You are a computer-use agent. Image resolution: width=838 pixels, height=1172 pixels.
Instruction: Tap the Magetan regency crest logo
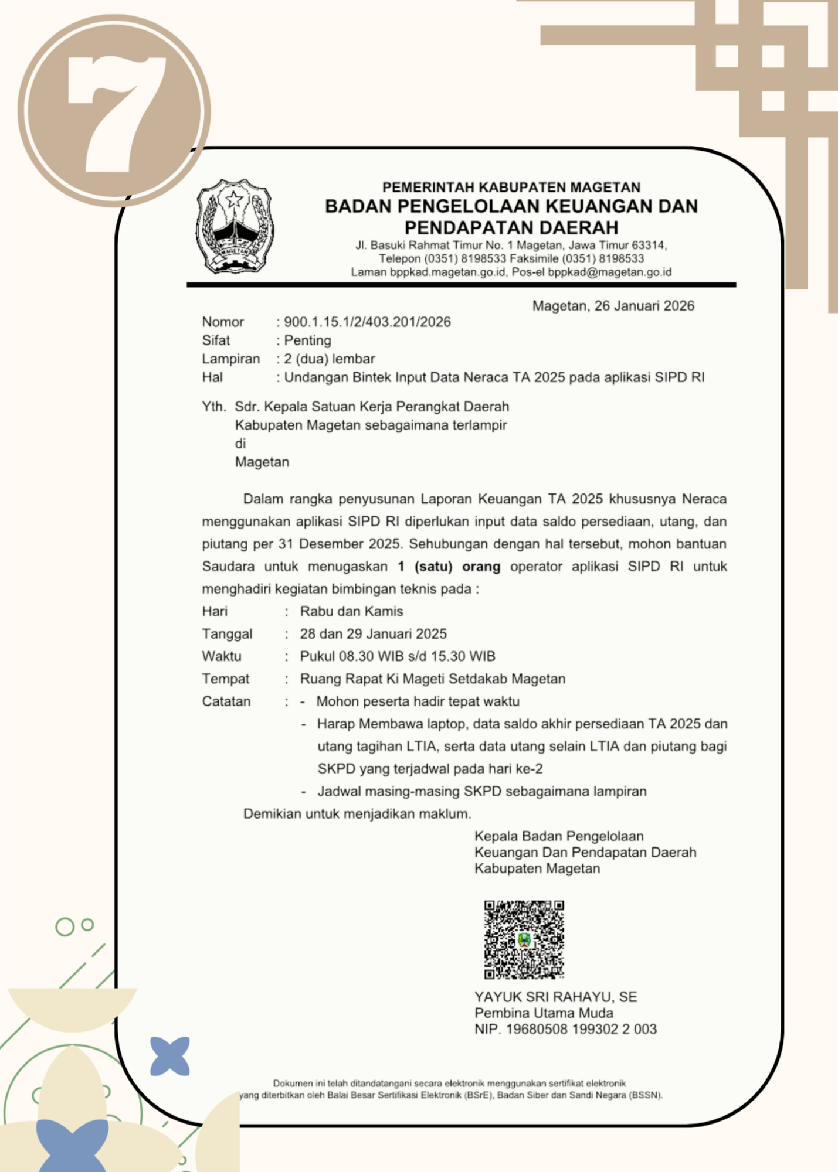click(235, 227)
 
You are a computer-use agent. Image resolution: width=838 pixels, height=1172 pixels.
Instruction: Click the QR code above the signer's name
click(524, 939)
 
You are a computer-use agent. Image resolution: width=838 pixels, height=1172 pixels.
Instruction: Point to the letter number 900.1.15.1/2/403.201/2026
click(368, 322)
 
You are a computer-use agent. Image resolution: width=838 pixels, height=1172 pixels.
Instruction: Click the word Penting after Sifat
click(308, 340)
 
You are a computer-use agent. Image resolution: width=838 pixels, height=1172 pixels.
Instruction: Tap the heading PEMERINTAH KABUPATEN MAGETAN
click(511, 187)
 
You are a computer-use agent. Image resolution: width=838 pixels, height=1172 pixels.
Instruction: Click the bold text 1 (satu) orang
click(449, 567)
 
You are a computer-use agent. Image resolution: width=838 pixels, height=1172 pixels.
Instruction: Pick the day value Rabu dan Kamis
click(352, 611)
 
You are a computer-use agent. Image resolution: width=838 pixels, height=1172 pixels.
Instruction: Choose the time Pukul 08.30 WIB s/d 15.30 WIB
click(398, 656)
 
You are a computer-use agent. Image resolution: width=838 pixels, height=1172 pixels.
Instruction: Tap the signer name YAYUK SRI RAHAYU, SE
click(555, 997)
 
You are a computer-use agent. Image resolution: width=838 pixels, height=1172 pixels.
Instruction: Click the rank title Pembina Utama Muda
click(544, 1013)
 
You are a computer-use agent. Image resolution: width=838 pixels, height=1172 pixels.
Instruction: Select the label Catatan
click(226, 701)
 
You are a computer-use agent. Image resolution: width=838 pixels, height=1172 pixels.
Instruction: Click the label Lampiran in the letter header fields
click(231, 359)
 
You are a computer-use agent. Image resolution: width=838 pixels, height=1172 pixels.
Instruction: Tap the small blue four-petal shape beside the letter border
click(170, 1056)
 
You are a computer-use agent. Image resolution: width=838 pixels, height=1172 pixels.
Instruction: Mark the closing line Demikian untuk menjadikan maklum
click(357, 814)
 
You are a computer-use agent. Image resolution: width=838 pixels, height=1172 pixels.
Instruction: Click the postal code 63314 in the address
click(648, 245)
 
